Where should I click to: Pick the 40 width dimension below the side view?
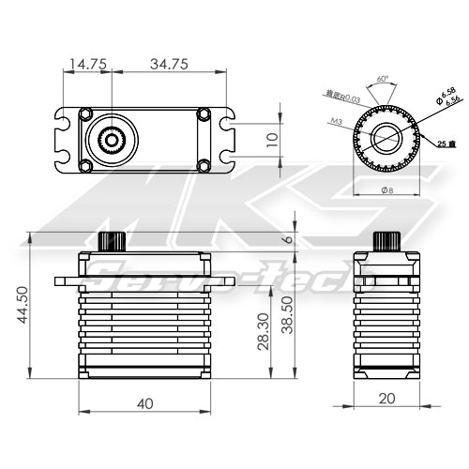click(x=145, y=404)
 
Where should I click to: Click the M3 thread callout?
click(x=336, y=121)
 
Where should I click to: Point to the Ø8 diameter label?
click(x=385, y=189)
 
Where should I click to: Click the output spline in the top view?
click(x=112, y=140)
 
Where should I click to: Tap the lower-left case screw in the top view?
click(x=85, y=166)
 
